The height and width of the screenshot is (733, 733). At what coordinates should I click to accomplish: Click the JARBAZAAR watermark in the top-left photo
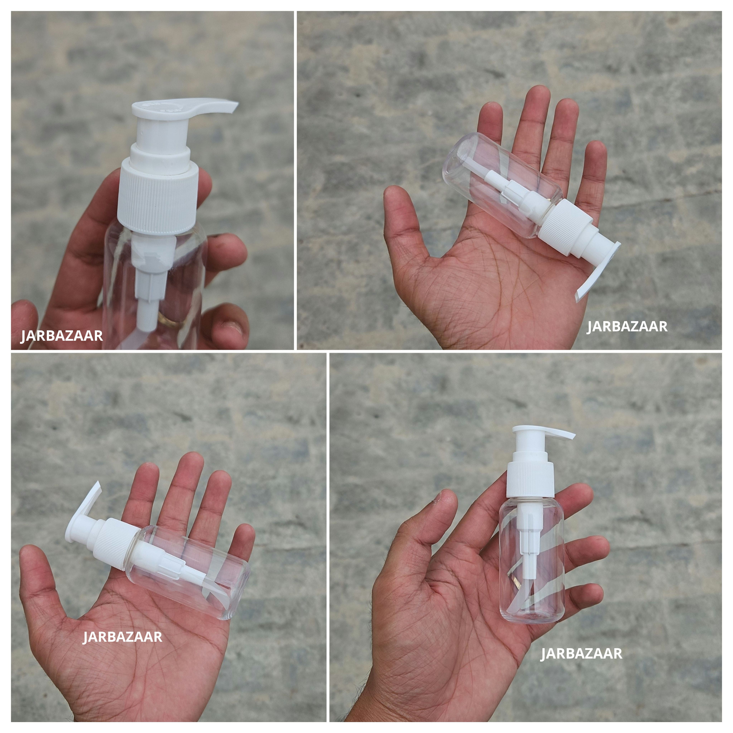coord(61,336)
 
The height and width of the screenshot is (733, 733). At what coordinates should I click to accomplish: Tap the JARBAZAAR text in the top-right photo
coord(627,327)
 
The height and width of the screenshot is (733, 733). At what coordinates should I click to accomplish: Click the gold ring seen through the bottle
coord(167,319)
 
